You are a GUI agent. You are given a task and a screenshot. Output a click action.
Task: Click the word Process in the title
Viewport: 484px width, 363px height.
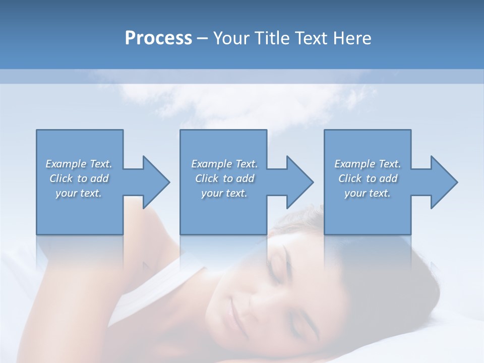(x=158, y=38)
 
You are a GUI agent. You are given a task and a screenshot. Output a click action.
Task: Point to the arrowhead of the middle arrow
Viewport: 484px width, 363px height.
(x=299, y=182)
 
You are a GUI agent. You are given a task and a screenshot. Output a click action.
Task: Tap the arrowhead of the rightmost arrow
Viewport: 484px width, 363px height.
(x=444, y=182)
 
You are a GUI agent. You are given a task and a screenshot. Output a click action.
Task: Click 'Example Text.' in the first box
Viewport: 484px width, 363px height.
(x=79, y=164)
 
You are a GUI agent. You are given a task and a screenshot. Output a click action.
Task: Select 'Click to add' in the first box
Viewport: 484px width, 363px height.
(x=79, y=178)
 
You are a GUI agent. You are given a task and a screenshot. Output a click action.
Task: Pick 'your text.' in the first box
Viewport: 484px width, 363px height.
(x=79, y=193)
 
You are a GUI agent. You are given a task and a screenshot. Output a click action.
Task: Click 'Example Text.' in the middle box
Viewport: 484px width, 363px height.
(x=224, y=164)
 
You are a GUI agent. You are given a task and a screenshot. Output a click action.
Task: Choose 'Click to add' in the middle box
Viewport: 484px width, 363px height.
(x=224, y=178)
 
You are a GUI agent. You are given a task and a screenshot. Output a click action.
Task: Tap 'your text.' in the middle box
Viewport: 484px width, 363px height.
(x=224, y=193)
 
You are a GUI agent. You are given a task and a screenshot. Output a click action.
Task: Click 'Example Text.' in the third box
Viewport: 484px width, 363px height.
(x=368, y=164)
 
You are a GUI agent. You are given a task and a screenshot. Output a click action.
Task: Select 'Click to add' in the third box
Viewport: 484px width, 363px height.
(x=368, y=178)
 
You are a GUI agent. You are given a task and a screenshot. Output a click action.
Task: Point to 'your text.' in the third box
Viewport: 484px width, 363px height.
(x=368, y=193)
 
